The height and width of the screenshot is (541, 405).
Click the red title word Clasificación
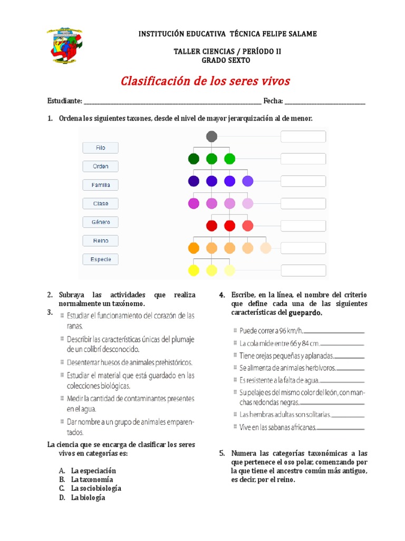pos(151,81)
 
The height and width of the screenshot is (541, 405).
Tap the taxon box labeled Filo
pos(100,148)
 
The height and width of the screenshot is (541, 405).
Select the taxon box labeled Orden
pos(100,166)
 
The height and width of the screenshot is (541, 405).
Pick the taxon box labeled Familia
pos(100,185)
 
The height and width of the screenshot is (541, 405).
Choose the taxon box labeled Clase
pos(100,203)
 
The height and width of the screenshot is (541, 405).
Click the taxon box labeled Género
pos(100,222)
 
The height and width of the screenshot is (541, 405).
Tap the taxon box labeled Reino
pos(100,240)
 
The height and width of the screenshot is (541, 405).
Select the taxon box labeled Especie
pos(100,259)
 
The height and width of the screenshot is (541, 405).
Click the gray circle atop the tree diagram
pos(211,137)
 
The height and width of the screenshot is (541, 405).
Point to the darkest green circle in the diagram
pos(194,158)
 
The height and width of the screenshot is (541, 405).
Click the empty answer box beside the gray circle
pos(303,137)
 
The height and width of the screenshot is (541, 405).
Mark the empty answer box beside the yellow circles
pos(303,270)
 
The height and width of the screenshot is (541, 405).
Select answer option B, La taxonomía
pos(92,480)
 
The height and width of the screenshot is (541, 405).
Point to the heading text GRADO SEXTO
pos(227,61)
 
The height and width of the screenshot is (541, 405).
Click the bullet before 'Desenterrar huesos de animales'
pos(62,363)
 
